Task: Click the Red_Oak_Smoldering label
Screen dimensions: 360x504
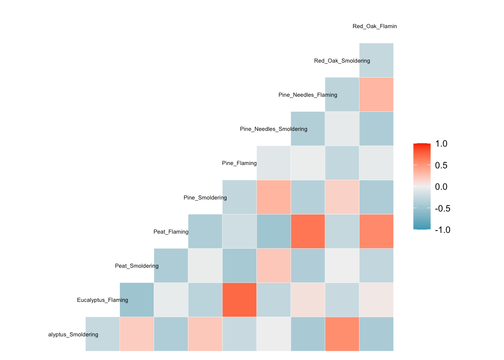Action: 342,61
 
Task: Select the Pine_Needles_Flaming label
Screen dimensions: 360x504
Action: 307,95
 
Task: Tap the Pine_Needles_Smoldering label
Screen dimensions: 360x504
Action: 273,129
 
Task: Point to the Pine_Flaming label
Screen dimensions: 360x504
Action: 239,163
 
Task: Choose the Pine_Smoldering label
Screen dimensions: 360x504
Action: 205,198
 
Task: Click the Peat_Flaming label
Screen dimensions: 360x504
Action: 171,232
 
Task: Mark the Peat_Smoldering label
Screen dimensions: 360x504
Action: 137,266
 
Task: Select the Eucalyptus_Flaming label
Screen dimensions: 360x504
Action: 102,300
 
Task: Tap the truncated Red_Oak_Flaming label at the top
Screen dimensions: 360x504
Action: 375,26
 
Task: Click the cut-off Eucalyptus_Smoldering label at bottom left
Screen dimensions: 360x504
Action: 73,334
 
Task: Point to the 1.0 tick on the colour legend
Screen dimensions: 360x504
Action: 441,144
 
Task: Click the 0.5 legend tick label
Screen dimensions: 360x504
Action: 441,165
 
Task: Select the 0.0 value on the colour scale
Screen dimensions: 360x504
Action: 441,187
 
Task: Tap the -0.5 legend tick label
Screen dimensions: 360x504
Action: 442,208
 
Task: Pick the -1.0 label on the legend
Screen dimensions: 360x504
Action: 442,230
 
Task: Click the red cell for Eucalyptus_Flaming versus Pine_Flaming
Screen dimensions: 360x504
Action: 239,300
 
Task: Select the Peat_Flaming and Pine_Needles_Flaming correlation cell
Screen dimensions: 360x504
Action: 308,231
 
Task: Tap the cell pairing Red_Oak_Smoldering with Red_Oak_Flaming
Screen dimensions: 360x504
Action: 376,60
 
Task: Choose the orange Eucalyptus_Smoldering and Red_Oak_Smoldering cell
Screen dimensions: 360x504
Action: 342,334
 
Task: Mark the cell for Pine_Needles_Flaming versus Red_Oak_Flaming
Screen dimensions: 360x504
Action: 376,94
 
